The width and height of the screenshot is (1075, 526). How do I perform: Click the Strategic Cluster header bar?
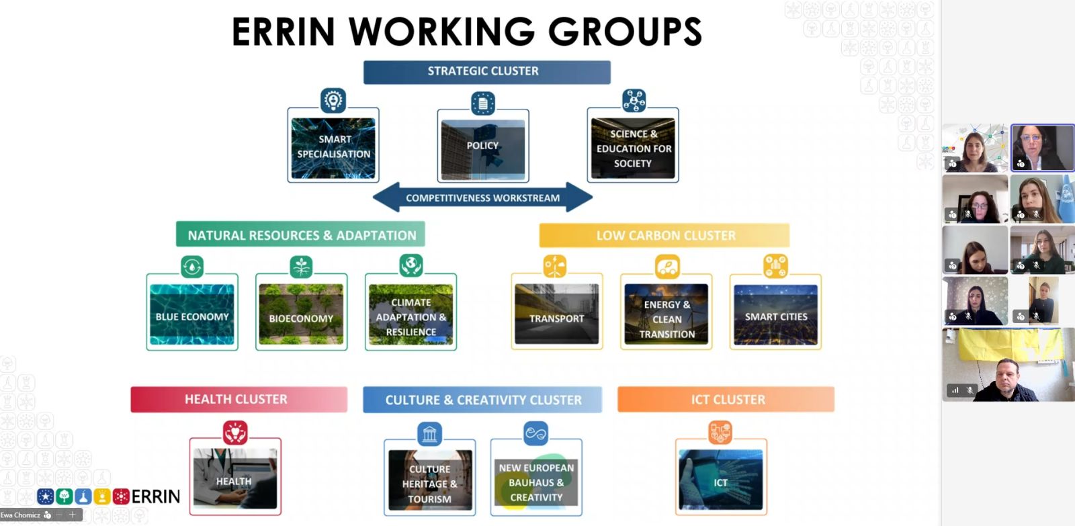click(x=486, y=72)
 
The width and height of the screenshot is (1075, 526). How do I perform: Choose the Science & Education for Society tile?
click(x=633, y=148)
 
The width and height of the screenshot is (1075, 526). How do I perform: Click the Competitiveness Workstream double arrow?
click(x=482, y=198)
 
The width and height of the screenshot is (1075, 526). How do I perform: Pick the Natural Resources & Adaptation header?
click(x=300, y=235)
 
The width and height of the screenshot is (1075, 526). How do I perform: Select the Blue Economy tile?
click(x=192, y=314)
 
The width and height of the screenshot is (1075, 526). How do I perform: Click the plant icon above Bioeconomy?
click(x=301, y=267)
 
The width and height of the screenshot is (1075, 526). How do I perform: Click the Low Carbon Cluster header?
click(x=664, y=236)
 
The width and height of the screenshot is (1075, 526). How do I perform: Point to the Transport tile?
click(x=556, y=314)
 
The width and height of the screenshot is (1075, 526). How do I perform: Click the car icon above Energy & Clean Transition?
click(x=667, y=267)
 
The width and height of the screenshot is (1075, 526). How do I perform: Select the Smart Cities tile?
click(x=775, y=314)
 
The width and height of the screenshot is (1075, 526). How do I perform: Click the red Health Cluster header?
click(x=239, y=399)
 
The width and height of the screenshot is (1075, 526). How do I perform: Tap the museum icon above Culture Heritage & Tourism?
click(x=429, y=434)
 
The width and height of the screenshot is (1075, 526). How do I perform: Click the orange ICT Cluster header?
click(x=726, y=399)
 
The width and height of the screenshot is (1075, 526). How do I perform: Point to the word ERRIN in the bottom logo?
click(x=156, y=496)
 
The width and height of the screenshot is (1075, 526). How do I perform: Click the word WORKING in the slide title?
click(x=441, y=32)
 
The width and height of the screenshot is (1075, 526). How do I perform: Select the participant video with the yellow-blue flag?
click(x=1008, y=365)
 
